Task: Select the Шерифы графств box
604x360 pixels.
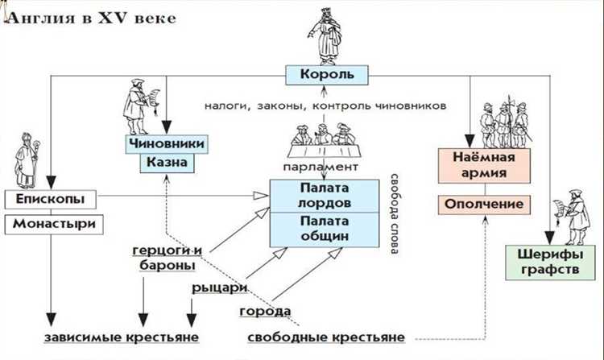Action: point(546,262)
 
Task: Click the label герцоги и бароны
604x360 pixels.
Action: point(168,258)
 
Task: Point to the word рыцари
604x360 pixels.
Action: point(213,288)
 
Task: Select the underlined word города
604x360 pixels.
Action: point(264,311)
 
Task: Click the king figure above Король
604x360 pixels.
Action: point(322,32)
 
